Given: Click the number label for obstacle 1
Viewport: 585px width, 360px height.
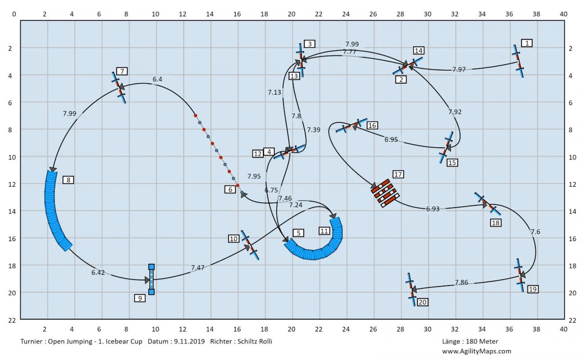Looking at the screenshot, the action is point(527,43).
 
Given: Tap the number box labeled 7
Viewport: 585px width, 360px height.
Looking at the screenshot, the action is point(122,71).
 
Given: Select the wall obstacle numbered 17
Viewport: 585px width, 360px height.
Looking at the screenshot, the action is point(385,193).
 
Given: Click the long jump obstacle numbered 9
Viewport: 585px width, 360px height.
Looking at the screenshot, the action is point(152,279).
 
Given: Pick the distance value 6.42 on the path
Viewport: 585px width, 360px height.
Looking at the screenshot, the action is point(98,273).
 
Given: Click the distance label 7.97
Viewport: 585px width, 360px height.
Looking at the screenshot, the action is point(459,69).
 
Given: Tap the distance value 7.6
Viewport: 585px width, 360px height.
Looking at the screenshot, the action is point(535,232).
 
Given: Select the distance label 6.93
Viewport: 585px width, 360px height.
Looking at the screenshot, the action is point(433,209).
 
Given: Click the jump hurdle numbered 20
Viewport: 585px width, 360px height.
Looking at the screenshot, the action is point(411,289).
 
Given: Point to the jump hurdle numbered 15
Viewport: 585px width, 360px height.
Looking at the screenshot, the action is point(446,147).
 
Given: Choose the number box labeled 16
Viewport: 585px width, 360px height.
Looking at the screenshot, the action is point(372,126).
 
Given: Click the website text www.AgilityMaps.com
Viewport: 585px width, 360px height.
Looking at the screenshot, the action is point(477,351).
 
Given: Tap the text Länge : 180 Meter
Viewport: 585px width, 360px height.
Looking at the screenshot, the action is point(470,342).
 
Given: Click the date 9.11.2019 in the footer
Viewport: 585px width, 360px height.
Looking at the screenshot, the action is point(189,342).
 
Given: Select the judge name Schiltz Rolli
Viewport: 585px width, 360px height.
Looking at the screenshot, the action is point(255,342).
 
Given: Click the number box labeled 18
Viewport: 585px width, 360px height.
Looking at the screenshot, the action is point(496,223).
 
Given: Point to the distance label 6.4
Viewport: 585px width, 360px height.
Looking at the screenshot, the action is point(157,79).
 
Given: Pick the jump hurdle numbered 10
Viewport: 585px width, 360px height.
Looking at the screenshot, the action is point(250,245).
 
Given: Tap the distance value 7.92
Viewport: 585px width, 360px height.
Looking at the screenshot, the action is point(455,112).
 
